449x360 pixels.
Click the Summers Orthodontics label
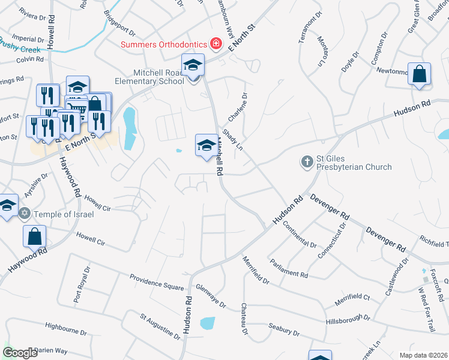point(163,44)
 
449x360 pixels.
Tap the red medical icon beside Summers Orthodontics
point(214,44)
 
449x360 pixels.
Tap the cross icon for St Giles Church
point(307,161)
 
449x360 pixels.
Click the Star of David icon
point(25,213)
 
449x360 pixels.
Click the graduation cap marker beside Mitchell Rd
point(206,145)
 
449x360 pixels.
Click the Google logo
point(20,353)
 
